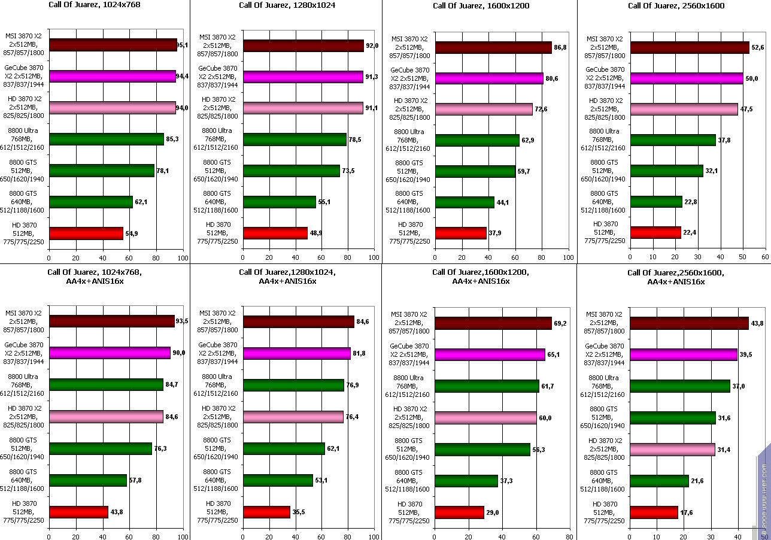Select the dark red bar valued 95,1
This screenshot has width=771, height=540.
[113, 45]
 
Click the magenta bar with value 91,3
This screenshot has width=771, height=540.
[303, 77]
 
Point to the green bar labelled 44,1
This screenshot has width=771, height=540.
[465, 202]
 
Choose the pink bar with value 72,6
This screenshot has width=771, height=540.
[484, 109]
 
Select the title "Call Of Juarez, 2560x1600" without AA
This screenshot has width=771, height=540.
[676, 6]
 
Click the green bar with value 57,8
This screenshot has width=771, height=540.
[88, 480]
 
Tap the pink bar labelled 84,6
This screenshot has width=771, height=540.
[106, 417]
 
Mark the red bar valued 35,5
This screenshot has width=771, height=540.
[266, 512]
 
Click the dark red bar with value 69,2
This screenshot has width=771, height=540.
[493, 323]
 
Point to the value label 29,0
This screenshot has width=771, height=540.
[494, 513]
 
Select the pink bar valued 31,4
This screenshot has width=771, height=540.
[672, 450]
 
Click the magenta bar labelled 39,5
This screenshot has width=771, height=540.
[684, 354]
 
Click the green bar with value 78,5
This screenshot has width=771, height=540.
[295, 139]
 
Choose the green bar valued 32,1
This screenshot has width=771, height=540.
[667, 171]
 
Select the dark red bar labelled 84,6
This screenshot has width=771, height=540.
[298, 322]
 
